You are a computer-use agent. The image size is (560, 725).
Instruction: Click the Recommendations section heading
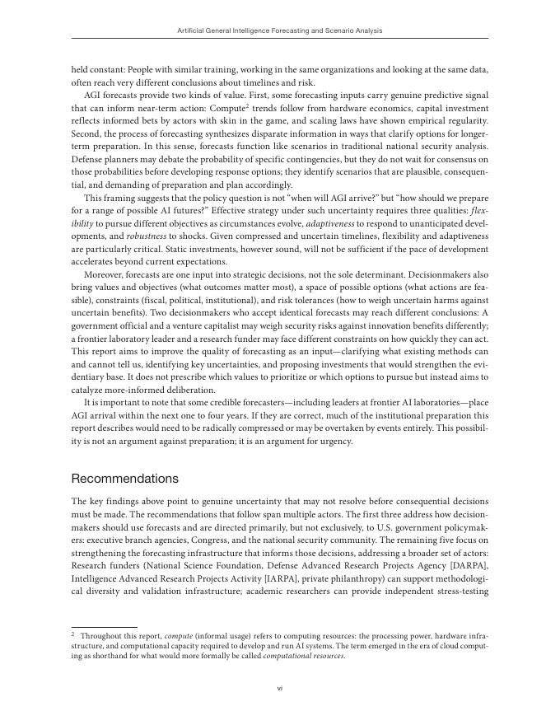pos(124,479)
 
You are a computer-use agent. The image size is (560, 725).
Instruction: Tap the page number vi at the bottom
pos(280,687)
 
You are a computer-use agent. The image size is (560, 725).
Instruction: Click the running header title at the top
pos(280,30)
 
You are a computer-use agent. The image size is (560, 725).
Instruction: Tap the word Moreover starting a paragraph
pos(105,274)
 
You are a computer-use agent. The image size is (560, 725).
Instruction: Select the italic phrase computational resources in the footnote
pos(307,656)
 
